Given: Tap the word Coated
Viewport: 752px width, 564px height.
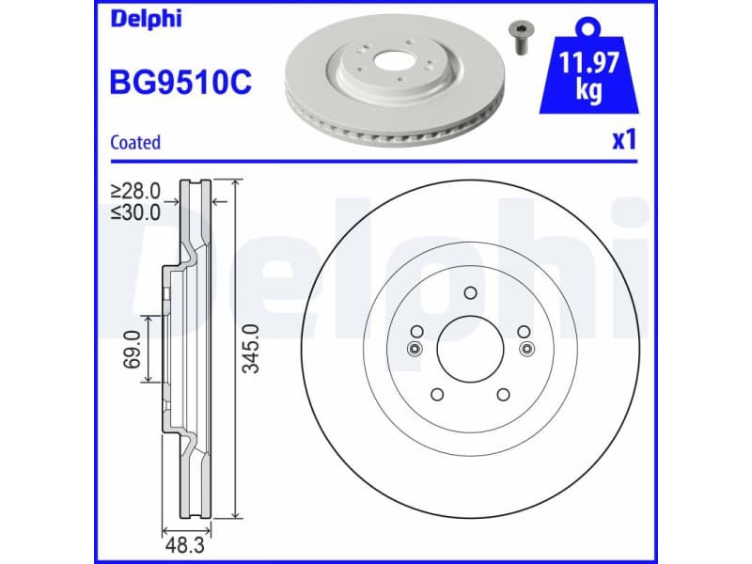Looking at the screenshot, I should pos(135,143).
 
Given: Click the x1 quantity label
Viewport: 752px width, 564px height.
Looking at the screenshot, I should pos(624,141).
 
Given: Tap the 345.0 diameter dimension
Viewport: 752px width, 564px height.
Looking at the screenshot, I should pos(250,349).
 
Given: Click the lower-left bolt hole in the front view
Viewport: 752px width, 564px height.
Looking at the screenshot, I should pos(436,395).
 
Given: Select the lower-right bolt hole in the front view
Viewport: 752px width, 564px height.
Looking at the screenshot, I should pos(502,395).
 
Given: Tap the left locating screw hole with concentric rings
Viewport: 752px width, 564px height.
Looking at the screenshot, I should pos(414,349).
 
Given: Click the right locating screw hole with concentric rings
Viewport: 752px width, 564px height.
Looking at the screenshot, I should pos(525,349).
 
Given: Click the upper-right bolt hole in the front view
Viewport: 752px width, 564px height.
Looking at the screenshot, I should pos(522,331).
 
